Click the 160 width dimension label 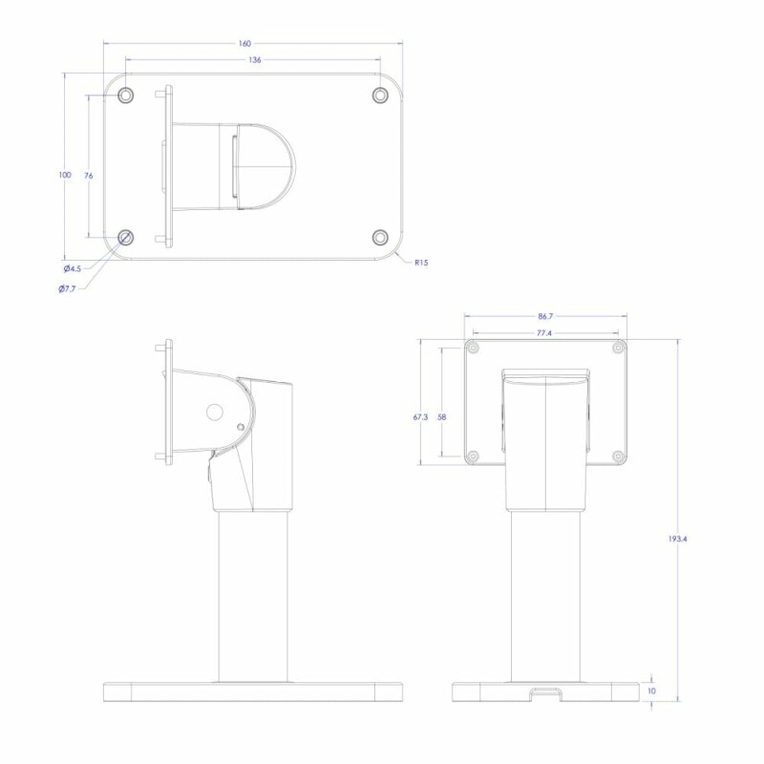pyautogui.click(x=244, y=44)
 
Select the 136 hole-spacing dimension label pyautogui.click(x=255, y=60)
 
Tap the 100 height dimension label pyautogui.click(x=65, y=175)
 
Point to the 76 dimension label pyautogui.click(x=88, y=176)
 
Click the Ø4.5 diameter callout pyautogui.click(x=73, y=269)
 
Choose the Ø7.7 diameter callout pyautogui.click(x=67, y=289)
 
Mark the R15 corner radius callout pyautogui.click(x=421, y=263)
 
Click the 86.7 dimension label pyautogui.click(x=545, y=316)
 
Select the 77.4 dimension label pyautogui.click(x=544, y=333)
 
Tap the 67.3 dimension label pyautogui.click(x=420, y=417)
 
